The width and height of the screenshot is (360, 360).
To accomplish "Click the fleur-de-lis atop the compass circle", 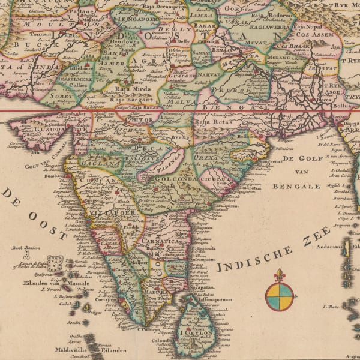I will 280,275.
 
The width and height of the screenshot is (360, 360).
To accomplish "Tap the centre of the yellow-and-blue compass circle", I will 280,297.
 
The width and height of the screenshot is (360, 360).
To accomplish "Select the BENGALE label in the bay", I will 296,187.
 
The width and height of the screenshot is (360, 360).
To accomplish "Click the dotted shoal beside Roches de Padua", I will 55,262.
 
